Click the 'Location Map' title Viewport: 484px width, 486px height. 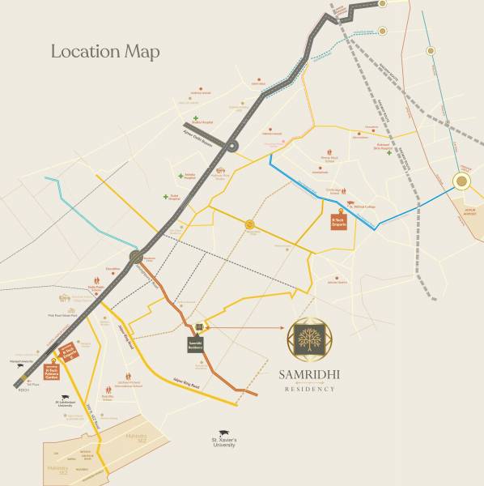[x=105, y=51]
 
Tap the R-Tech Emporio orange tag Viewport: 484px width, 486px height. [x=339, y=221]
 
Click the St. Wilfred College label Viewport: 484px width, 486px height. [x=360, y=207]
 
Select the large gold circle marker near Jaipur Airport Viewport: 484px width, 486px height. [x=462, y=182]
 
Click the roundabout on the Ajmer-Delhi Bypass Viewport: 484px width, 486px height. [x=231, y=147]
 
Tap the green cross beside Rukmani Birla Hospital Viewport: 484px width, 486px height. [x=389, y=153]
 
